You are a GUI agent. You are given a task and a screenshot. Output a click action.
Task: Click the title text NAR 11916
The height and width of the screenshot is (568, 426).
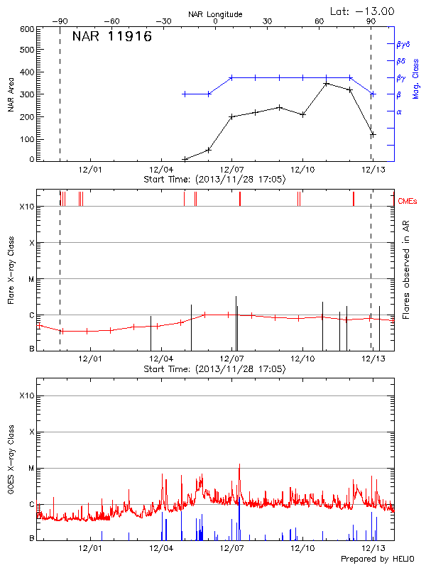click(x=112, y=38)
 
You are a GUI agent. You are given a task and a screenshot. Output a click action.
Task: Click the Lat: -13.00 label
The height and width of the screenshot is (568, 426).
click(x=364, y=11)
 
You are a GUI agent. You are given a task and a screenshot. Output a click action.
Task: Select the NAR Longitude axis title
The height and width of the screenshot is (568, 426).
click(x=215, y=13)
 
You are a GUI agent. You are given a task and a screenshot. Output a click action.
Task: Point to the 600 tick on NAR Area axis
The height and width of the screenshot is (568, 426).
click(x=27, y=30)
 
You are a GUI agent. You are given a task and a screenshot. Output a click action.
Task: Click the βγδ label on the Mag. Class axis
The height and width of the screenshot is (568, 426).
click(x=403, y=44)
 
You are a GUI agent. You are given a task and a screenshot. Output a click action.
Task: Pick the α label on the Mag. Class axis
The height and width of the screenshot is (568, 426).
click(x=399, y=112)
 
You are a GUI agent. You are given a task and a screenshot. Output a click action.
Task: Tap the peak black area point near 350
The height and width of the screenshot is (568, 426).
click(x=326, y=83)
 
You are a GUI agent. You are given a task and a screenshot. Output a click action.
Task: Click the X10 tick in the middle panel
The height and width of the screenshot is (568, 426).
click(x=27, y=207)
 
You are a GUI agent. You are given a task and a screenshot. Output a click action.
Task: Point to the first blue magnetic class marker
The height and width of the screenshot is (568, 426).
click(x=185, y=94)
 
